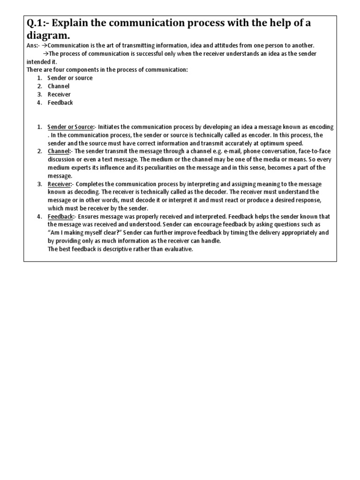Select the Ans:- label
point(33,45)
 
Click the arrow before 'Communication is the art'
point(45,45)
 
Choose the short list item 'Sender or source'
point(70,78)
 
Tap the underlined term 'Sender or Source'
point(70,127)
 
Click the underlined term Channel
point(58,151)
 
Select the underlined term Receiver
point(59,184)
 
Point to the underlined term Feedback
point(60,217)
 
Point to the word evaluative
point(175,249)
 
